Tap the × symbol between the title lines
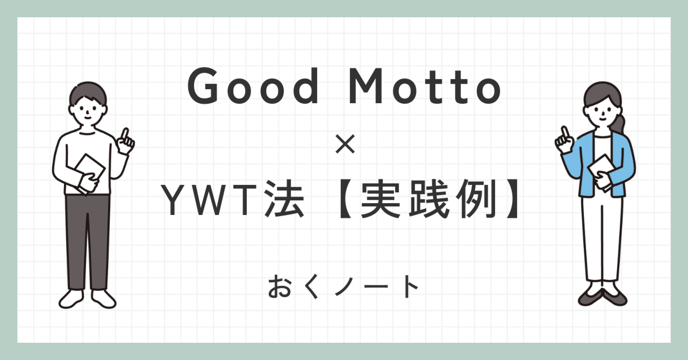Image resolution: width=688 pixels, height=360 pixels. [x=343, y=146]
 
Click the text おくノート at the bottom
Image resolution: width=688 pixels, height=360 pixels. [x=343, y=288]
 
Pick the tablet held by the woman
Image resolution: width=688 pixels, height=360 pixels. [x=600, y=171]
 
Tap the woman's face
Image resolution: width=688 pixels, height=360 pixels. [x=601, y=112]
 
